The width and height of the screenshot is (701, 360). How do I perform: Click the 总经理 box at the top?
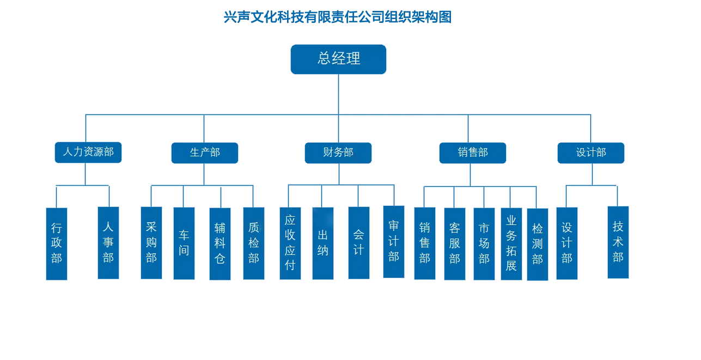338,59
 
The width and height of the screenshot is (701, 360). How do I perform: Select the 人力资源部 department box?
88,152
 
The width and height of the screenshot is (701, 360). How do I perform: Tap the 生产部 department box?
205,152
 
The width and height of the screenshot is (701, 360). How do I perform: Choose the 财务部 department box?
338,152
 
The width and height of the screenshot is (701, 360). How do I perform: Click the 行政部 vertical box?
57,243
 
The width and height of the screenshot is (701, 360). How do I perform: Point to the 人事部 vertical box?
108,242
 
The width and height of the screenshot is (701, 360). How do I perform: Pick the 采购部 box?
151,242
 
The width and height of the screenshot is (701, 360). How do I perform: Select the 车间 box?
184,243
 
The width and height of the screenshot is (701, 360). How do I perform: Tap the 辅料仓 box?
220,243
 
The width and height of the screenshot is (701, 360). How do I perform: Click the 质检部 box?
254,243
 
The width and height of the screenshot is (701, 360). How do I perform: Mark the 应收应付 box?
290,242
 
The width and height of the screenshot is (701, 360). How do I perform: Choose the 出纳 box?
322,243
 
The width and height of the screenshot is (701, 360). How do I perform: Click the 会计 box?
358,242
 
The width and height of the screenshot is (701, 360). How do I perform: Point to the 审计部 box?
394,241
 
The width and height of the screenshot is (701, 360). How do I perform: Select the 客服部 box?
455,243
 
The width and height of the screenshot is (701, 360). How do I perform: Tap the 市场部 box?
484,243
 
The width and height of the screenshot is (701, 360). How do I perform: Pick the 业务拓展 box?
511,243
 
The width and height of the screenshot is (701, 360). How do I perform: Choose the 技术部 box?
618,242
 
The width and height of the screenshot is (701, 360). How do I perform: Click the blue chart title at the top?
338,17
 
